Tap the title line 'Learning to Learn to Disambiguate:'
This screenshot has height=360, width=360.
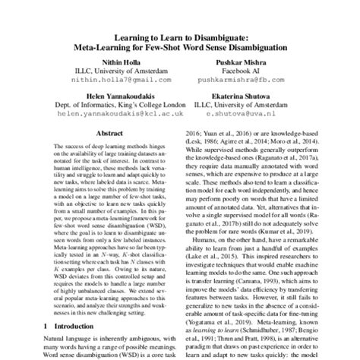[180, 34]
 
